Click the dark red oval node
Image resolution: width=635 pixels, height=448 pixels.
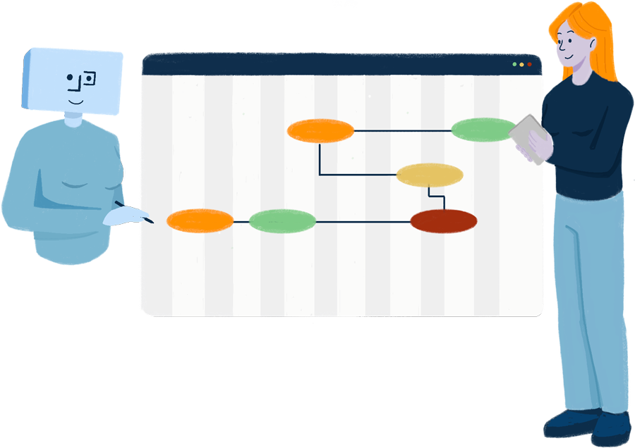tap(444, 220)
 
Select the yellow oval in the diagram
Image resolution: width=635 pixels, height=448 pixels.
tap(429, 175)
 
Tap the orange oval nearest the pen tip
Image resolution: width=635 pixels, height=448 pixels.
tap(200, 220)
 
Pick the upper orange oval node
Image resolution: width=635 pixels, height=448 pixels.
tap(320, 131)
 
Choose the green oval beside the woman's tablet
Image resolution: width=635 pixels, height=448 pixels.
tap(483, 130)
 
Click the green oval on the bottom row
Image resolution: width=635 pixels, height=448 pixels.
tap(282, 221)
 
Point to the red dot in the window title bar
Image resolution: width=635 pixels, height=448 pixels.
tap(530, 65)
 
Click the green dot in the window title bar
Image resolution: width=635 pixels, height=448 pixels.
tap(514, 65)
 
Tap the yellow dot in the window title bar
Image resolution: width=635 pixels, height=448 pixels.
tap(522, 65)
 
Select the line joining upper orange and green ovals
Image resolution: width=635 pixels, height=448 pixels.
tap(402, 131)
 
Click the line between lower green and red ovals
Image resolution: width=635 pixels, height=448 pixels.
tap(363, 221)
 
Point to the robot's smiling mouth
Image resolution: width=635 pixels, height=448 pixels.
tap(76, 99)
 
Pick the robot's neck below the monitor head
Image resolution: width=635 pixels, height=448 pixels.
tap(73, 122)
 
